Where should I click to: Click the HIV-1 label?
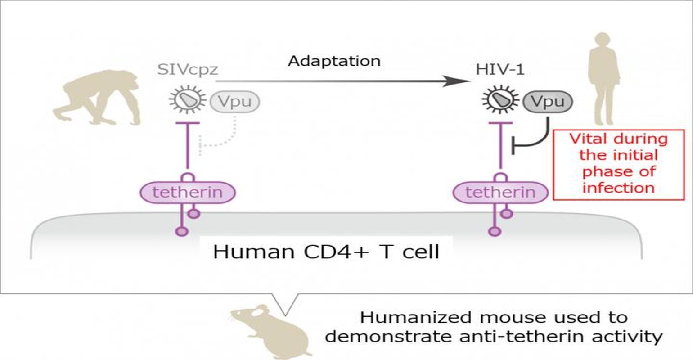pos(500,70)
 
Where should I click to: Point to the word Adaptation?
pos(334,61)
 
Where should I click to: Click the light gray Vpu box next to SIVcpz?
pos(235,102)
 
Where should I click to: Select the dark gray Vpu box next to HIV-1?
pos(548,102)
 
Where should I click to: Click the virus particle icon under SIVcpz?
pos(188,101)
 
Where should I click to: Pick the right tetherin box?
pos(500,193)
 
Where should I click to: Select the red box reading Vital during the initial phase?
pos(618,164)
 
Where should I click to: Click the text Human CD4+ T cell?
pos(326,252)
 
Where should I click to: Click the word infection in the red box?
pos(618,187)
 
